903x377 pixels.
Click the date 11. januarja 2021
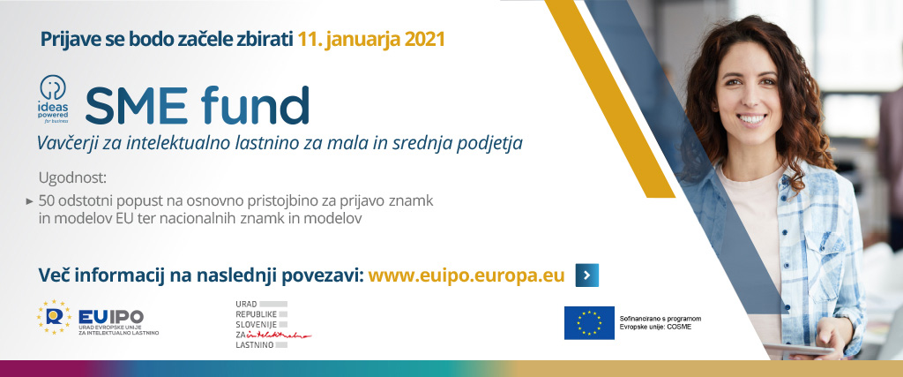point(371,39)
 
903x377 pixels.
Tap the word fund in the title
point(255,104)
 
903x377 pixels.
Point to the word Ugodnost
point(72,178)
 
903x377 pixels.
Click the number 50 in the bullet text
point(46,202)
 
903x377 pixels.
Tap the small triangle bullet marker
point(29,202)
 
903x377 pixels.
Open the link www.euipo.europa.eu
point(466,275)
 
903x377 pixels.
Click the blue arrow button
point(586,275)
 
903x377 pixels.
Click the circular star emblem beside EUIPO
point(54,317)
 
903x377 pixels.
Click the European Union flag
point(589,323)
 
